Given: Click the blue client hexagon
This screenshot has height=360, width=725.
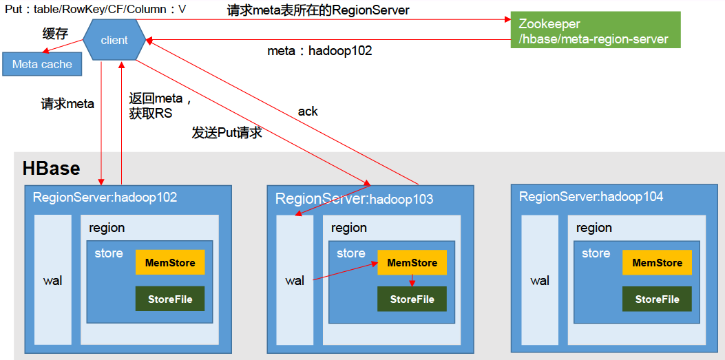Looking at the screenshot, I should (114, 40).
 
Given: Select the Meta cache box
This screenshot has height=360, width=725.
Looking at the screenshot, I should (42, 64).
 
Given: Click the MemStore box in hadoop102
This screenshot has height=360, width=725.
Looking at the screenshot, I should (170, 262).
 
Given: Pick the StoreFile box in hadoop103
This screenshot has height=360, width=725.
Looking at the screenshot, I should (412, 299).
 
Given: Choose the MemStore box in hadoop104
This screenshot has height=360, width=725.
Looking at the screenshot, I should (657, 262).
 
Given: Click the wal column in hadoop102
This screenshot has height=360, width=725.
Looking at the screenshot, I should (53, 280).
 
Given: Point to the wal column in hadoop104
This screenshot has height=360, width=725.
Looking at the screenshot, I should (540, 280).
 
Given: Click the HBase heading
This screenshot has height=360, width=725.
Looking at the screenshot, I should (51, 169).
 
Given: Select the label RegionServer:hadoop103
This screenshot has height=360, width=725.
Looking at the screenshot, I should (354, 199).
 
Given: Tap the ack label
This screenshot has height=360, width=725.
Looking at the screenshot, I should (308, 111).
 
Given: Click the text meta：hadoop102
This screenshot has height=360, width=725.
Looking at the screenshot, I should (319, 51).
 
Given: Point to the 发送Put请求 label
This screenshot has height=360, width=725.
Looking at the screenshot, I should (227, 133).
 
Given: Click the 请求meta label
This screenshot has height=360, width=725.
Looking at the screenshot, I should (67, 104).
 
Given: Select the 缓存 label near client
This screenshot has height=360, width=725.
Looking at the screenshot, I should (55, 34).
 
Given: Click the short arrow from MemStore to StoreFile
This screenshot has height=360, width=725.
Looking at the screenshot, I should (412, 281).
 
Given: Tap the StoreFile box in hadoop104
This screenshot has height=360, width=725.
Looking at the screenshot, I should (657, 299).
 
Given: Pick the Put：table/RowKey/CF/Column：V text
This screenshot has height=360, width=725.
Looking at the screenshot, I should (95, 9).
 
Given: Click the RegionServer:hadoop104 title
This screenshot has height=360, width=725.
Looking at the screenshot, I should (591, 197).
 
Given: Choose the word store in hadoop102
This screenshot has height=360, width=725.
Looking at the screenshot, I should (109, 253).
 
